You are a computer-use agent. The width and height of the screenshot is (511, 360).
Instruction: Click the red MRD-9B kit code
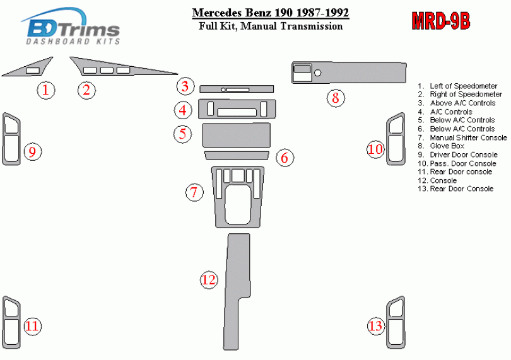(441, 21)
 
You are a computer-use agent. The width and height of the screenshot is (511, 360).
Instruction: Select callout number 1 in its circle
(45, 90)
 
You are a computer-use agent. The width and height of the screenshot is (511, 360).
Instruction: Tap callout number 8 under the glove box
(336, 98)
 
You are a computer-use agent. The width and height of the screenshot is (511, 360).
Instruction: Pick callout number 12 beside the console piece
(209, 279)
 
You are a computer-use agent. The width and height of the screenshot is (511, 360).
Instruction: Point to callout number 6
(285, 158)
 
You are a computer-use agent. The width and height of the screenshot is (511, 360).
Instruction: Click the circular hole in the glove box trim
(318, 73)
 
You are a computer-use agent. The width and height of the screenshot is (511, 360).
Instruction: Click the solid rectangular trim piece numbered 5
(237, 135)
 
